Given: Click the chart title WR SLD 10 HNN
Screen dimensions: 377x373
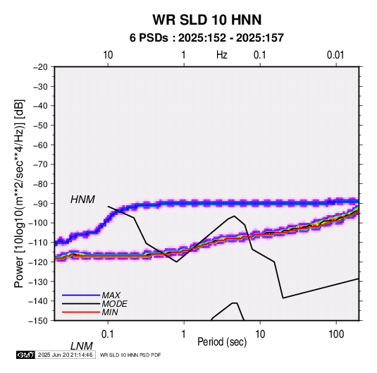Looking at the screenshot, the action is (206, 20).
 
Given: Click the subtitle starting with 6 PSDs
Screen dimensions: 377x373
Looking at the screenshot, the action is (206, 38).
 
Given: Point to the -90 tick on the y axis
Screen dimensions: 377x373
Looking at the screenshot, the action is (41, 203).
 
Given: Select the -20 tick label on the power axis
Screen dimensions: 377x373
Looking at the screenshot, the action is (41, 67).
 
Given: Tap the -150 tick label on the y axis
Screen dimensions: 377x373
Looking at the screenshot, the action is (39, 321).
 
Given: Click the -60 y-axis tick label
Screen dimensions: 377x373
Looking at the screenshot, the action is (41, 145).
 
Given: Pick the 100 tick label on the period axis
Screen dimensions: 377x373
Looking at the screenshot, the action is (336, 334).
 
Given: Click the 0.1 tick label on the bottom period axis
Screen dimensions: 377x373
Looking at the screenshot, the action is (108, 334).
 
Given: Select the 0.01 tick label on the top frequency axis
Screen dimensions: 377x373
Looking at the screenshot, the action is (335, 55).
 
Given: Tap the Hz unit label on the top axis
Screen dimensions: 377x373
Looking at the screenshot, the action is (222, 55).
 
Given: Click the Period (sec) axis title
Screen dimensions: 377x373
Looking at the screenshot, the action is (222, 342).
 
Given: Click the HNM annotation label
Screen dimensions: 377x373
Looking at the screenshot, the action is (82, 200).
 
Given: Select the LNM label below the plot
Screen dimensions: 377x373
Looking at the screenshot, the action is (81, 346).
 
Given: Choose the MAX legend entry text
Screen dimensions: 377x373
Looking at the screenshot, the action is (111, 295).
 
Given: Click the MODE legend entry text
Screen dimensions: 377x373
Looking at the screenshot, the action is (114, 304).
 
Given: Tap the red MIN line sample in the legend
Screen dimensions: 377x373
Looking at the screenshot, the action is (81, 312).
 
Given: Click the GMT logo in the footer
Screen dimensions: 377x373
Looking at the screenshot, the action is (25, 355).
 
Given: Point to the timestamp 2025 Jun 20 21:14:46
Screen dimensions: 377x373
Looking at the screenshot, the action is (65, 355).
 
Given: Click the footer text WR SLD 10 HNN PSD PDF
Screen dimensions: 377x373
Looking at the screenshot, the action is (130, 355).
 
